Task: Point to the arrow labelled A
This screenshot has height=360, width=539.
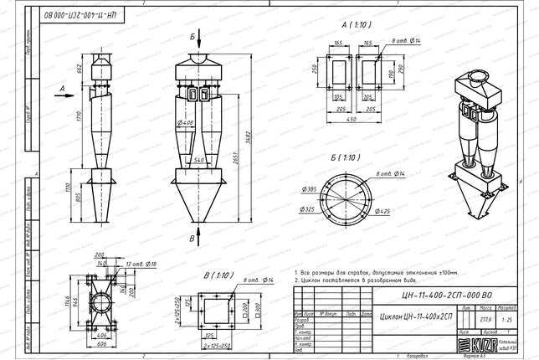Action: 63,86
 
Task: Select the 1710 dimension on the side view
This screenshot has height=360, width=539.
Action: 79,123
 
